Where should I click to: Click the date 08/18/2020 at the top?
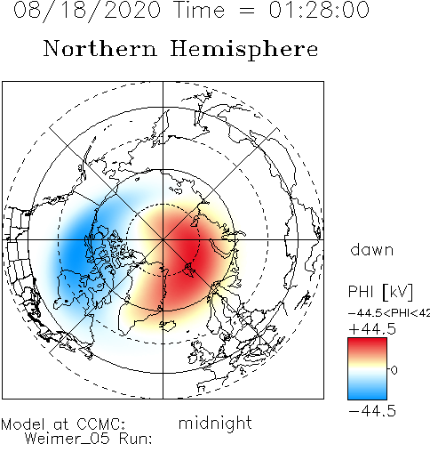click(x=87, y=11)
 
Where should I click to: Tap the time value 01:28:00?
click(x=319, y=10)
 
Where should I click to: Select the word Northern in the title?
click(x=100, y=49)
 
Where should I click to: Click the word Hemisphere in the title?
click(x=244, y=50)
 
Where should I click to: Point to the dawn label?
click(x=372, y=250)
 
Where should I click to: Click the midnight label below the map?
click(x=215, y=424)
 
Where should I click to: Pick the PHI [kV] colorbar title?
click(x=380, y=292)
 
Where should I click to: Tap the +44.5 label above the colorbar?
click(x=372, y=329)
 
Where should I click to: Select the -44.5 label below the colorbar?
click(x=372, y=412)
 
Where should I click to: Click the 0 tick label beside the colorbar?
click(x=394, y=370)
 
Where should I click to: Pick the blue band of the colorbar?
click(x=367, y=390)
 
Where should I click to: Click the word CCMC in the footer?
click(x=100, y=424)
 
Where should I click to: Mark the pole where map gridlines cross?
click(x=163, y=239)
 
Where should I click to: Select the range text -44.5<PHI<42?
click(x=389, y=313)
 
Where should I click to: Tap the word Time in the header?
click(x=200, y=10)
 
